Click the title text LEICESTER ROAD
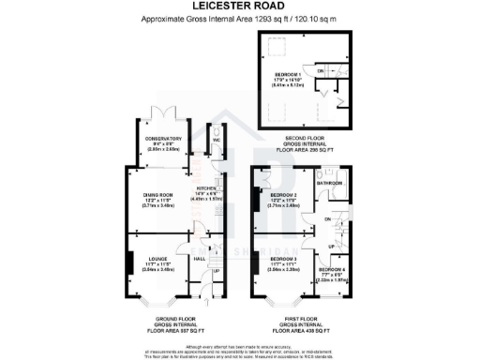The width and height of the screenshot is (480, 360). pos(239,7)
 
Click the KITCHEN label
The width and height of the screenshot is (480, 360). pos(205,188)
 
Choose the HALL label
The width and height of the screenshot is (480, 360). pos(200,259)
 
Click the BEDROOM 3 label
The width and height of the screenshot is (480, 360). pos(285,258)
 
